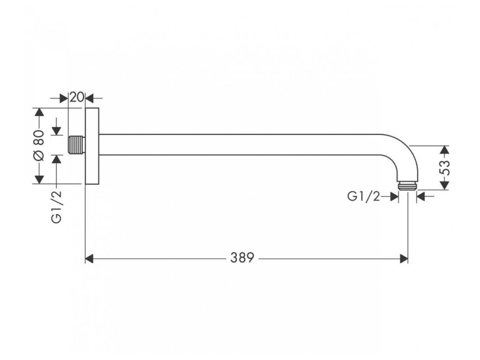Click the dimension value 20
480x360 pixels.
click(77, 97)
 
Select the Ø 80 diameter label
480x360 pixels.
click(39, 145)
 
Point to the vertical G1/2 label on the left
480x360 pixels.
click(57, 206)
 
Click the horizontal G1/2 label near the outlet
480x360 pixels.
click(363, 197)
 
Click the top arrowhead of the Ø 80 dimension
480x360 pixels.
click(39, 112)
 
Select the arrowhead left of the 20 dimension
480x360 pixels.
click(65, 98)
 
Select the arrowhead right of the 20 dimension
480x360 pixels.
click(90, 98)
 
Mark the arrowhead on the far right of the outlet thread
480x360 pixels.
click(420, 197)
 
